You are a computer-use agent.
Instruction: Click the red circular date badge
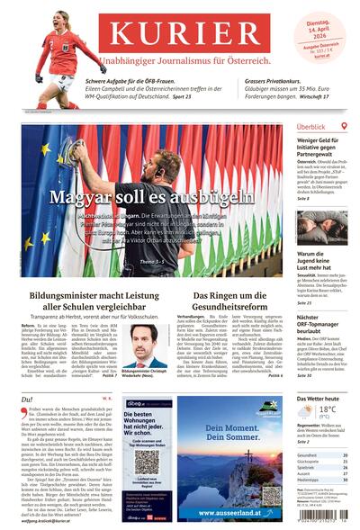(x=327, y=27)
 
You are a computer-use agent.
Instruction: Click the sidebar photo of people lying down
(x=322, y=227)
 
